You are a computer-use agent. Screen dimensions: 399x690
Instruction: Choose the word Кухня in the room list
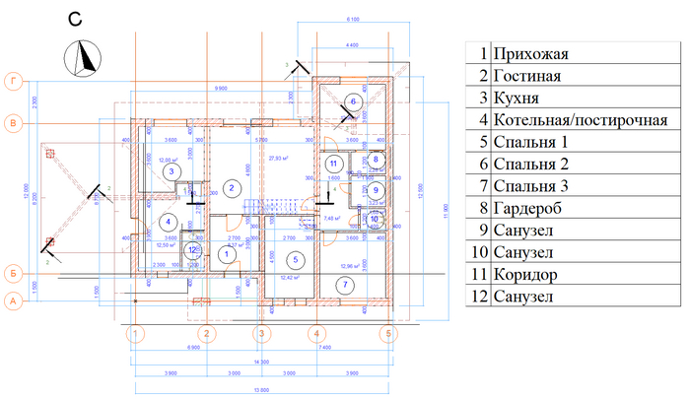[x=517, y=99]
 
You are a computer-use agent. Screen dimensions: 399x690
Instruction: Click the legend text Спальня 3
[x=532, y=186]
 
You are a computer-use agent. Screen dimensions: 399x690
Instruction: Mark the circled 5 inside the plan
[x=294, y=259]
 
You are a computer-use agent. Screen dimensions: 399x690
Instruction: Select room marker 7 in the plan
[x=344, y=285]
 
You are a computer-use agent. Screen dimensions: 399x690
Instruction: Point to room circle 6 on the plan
[x=351, y=101]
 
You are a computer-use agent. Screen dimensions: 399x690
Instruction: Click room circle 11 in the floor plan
[x=333, y=164]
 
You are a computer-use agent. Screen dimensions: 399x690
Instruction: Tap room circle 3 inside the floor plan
[x=172, y=171]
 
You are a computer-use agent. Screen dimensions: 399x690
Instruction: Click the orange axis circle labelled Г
[x=14, y=81]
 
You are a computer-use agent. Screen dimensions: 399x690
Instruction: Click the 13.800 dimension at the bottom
[x=259, y=391]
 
